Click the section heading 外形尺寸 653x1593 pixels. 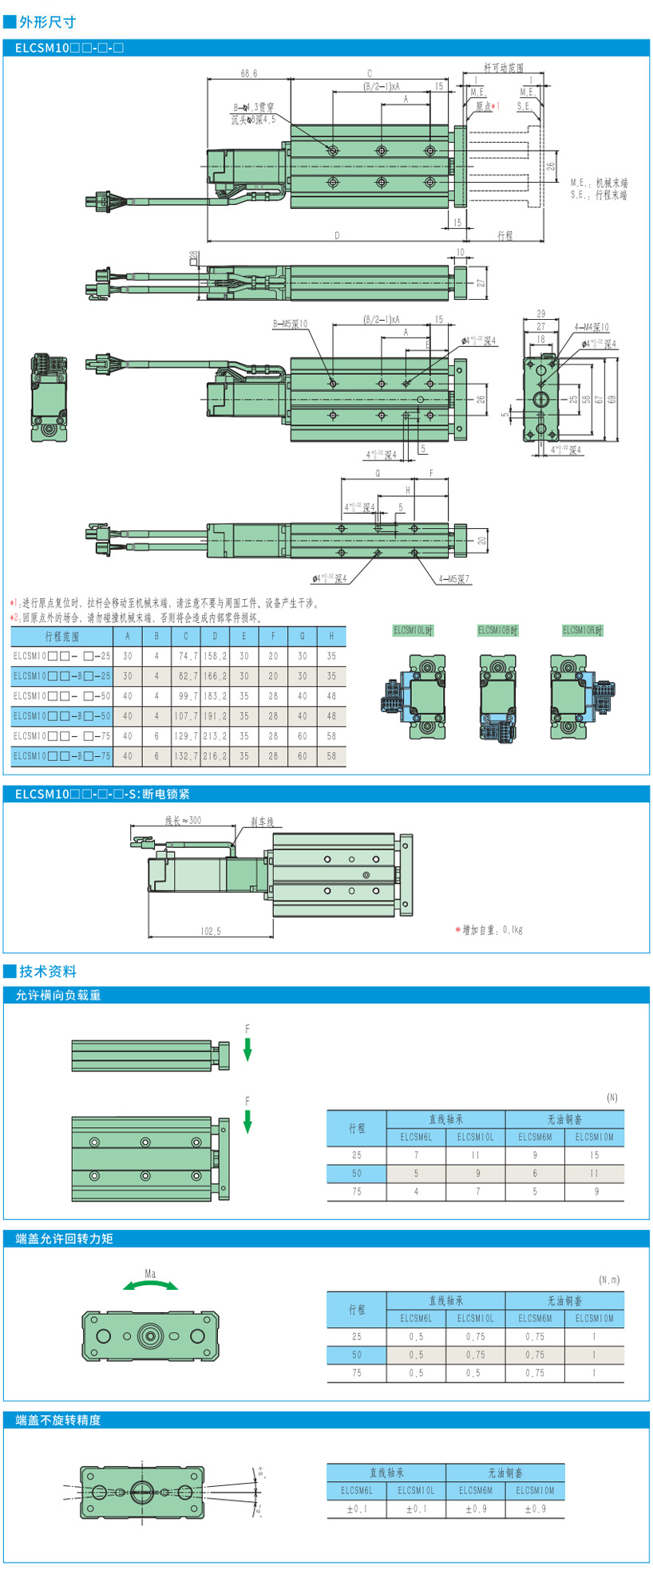[47, 22]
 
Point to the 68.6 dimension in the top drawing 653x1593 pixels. [249, 73]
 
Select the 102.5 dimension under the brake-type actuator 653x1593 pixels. [211, 931]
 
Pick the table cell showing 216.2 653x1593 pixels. [215, 756]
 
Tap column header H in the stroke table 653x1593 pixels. [331, 636]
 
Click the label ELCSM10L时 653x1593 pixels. [413, 630]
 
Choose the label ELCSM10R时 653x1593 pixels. [583, 630]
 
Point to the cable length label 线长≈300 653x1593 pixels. [183, 820]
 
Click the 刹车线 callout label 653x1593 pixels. [262, 822]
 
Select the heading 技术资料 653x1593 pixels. [48, 971]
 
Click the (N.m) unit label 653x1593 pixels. [609, 1280]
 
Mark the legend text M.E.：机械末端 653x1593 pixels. [599, 183]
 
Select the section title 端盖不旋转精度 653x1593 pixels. [58, 1420]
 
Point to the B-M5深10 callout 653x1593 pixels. [290, 324]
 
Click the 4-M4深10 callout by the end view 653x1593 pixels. [591, 327]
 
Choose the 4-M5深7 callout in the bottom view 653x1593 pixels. [454, 578]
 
